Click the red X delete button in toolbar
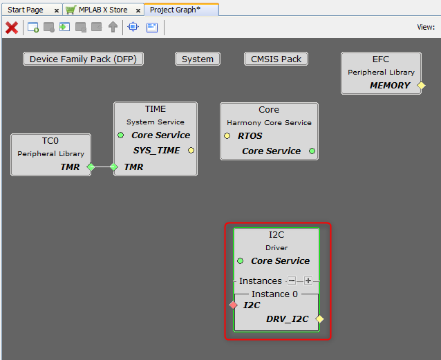coord(12,28)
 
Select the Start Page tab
coord(26,10)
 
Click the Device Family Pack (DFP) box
coord(83,59)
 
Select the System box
coord(198,59)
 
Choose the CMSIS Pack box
coord(276,59)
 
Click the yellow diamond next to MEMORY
coord(421,86)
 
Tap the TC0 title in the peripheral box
coord(50,141)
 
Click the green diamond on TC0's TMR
coord(91,167)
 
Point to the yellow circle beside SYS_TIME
coord(191,150)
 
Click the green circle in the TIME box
coord(121,135)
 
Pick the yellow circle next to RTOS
coord(227,136)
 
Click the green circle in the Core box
coord(312,151)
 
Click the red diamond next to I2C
coord(234,305)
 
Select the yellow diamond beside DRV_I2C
coord(319,319)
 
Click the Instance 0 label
coord(274,294)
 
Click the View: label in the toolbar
coord(426,28)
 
